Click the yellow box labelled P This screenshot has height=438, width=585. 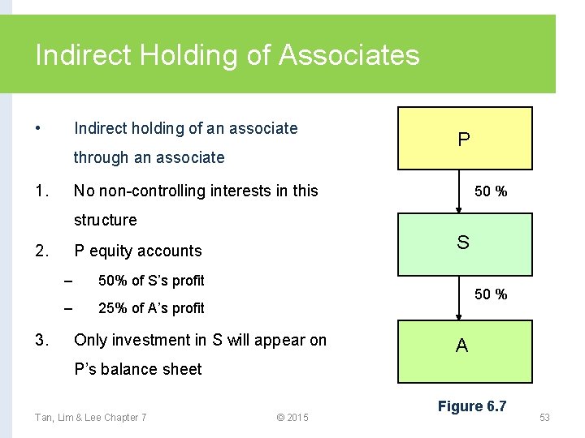[x=464, y=139]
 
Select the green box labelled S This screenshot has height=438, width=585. [x=464, y=244]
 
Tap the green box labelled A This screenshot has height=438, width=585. [x=463, y=350]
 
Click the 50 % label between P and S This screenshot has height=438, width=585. [x=491, y=191]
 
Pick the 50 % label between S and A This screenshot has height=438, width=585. [x=491, y=294]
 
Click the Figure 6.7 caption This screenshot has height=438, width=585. [x=471, y=406]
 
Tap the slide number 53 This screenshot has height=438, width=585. [x=544, y=417]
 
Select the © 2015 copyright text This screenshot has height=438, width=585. [x=292, y=417]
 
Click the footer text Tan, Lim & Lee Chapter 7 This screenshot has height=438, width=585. [x=90, y=417]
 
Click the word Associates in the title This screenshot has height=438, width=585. [x=349, y=55]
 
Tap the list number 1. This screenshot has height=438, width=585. [x=41, y=191]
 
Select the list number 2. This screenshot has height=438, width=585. [x=42, y=251]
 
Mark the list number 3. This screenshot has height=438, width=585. [x=42, y=340]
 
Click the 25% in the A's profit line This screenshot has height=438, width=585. [x=112, y=308]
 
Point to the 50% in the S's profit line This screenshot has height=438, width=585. [x=112, y=281]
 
